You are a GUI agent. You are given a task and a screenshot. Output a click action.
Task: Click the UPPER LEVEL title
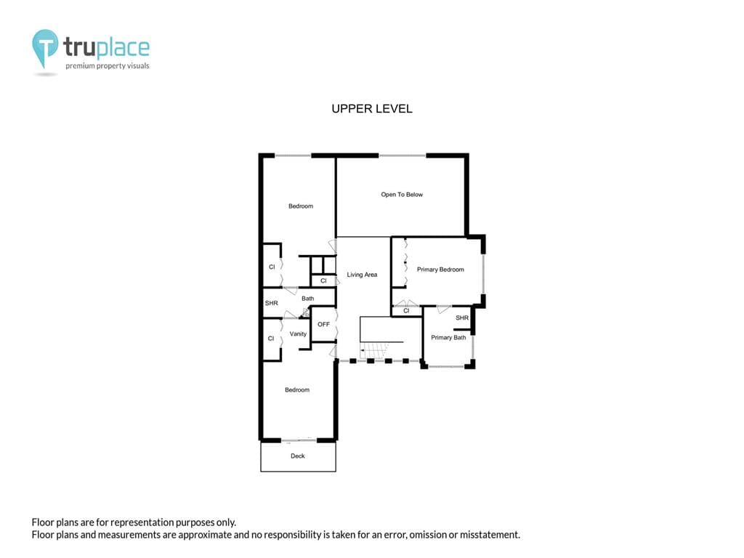(x=372, y=109)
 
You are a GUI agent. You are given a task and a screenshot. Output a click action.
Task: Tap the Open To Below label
(x=401, y=195)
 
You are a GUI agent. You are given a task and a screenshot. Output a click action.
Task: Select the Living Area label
(x=362, y=275)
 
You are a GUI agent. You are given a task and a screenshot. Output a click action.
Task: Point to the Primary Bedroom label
(x=440, y=270)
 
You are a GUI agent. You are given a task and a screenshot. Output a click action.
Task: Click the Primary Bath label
(x=448, y=337)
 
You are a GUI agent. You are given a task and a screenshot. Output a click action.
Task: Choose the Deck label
(x=297, y=456)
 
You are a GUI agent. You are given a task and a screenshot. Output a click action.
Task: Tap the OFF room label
(x=323, y=325)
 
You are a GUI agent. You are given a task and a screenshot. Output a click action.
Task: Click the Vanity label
(x=298, y=334)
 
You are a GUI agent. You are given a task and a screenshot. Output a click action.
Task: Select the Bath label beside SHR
(x=308, y=299)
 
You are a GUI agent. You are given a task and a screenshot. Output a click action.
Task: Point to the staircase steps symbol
(x=374, y=350)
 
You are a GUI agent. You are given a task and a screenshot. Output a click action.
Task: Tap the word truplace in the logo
(x=106, y=47)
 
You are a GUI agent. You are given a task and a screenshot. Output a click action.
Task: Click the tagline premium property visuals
(x=108, y=66)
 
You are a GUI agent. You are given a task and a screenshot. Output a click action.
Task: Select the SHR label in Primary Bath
(x=461, y=318)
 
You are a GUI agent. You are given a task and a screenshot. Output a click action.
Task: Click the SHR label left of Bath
(x=272, y=303)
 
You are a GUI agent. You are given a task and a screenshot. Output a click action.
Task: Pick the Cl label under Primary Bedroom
(x=406, y=311)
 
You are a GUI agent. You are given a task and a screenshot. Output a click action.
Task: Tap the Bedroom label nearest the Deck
(x=297, y=390)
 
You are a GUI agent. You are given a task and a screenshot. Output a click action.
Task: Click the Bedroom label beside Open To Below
(x=301, y=206)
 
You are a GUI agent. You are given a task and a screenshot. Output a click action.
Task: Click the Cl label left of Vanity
(x=271, y=339)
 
